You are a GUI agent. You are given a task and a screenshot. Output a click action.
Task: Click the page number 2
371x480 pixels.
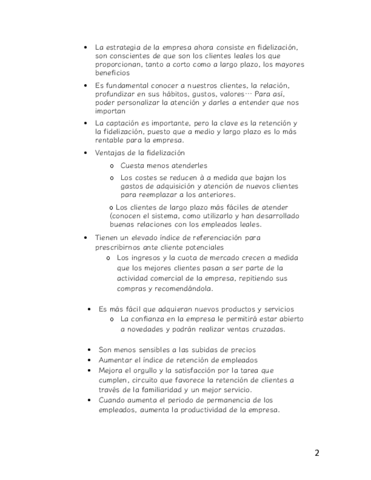(317, 453)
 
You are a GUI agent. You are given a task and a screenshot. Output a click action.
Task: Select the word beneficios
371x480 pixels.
(112, 73)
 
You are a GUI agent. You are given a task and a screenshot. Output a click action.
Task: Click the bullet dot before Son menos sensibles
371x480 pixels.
(89, 350)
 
